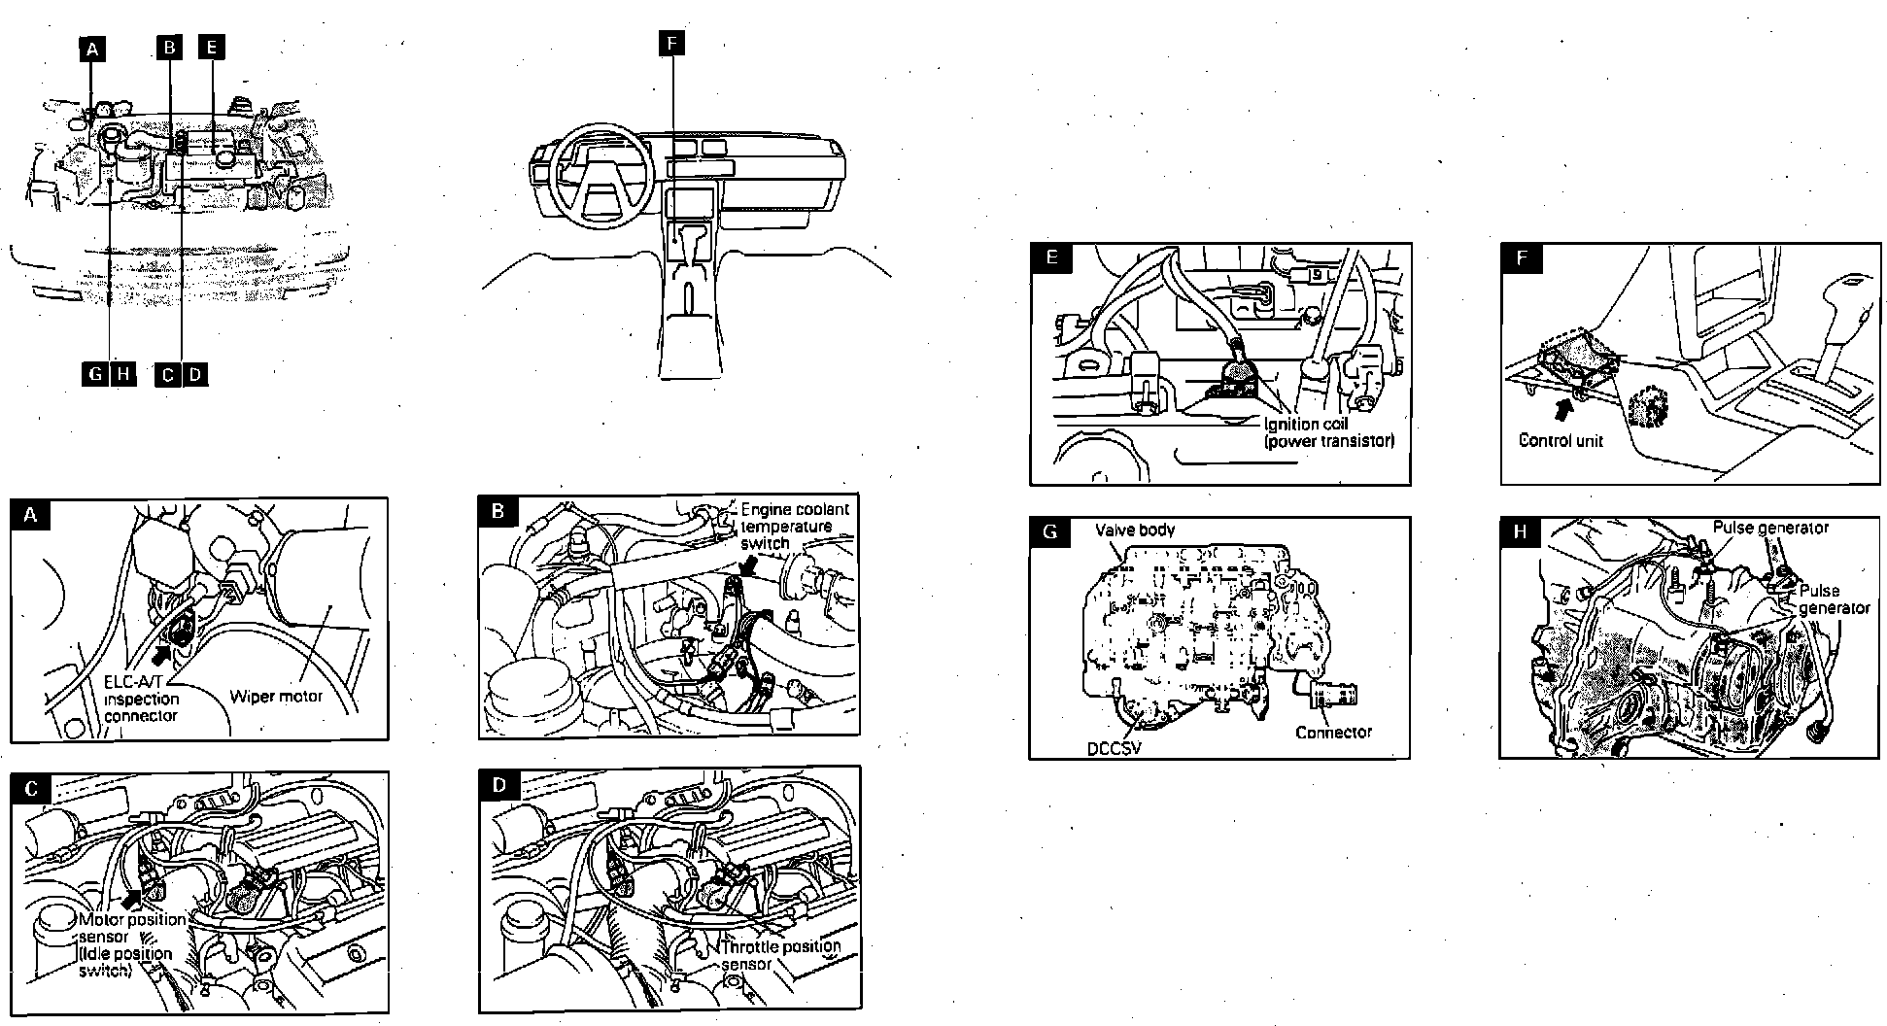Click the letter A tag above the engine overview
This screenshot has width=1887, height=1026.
coord(92,48)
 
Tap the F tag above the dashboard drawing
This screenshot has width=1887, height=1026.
coord(670,43)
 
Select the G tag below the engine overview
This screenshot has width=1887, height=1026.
coord(94,374)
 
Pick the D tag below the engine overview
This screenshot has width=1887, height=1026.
coord(195,374)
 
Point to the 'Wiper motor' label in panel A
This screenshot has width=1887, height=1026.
coord(276,696)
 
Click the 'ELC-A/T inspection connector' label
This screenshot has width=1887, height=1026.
coord(142,699)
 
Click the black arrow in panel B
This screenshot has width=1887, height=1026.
coord(751,564)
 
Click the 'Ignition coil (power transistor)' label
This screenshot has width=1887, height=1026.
coord(1328,432)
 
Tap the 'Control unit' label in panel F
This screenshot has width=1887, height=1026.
coord(1561,440)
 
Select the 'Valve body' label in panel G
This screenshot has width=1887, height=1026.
coord(1135,530)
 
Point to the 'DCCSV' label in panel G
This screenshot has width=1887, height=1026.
coord(1115,749)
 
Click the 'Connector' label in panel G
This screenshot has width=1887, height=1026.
coord(1333,732)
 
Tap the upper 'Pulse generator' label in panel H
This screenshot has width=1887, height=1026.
coord(1770,528)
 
